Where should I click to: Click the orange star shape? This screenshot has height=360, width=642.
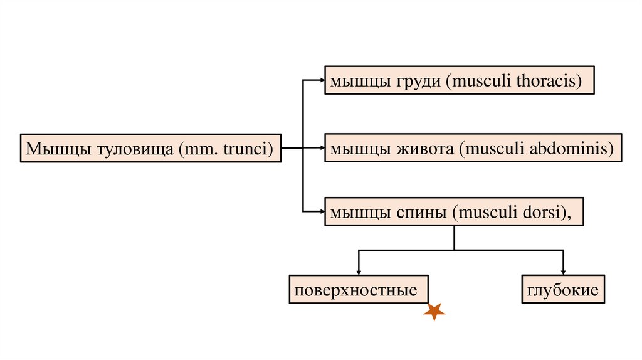coord(434,311)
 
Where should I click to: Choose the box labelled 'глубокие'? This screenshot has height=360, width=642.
coord(563,290)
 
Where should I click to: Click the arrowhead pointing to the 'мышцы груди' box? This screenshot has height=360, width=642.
coord(322,80)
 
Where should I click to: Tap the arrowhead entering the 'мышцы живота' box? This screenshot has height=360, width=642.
coord(322,149)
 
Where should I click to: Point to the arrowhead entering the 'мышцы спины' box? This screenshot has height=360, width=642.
coord(322,211)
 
